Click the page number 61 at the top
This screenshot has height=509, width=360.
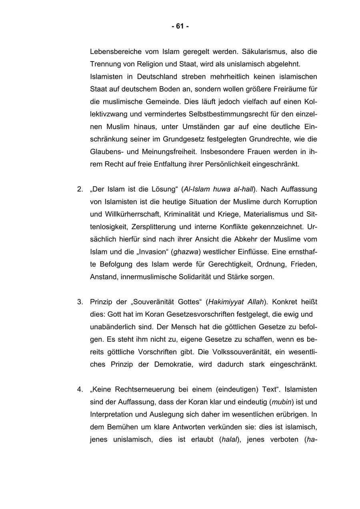pyautogui.click(x=180, y=26)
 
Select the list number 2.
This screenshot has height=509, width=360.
pyautogui.click(x=80, y=189)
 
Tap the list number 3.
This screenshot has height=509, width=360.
pyautogui.click(x=80, y=301)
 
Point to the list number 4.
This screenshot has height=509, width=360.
pyautogui.click(x=80, y=389)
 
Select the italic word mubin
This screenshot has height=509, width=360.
pyautogui.click(x=280, y=401)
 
